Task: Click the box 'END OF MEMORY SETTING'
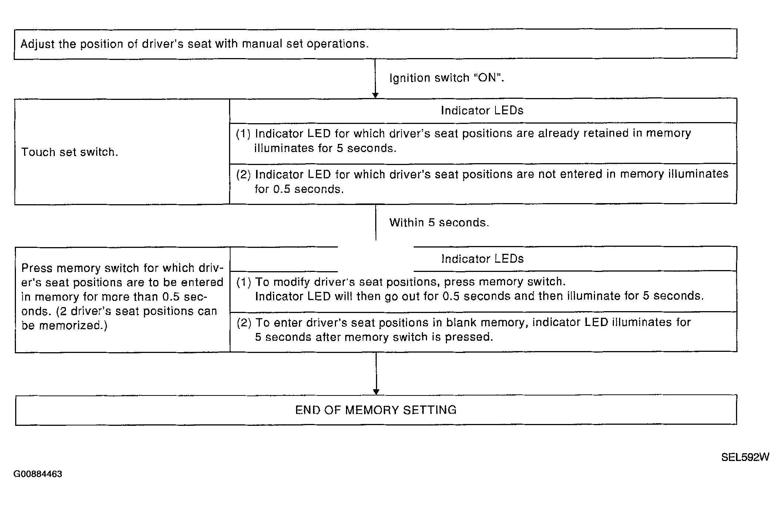[376, 410]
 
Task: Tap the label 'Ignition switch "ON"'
[447, 78]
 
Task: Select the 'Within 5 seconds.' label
[439, 222]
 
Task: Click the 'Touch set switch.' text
[70, 152]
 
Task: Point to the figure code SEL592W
[745, 457]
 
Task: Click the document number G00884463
[38, 474]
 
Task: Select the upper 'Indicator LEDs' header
[482, 111]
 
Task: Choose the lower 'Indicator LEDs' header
[483, 259]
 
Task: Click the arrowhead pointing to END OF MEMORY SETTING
[376, 392]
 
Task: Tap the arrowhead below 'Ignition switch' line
[375, 95]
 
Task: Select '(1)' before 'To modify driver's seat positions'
[243, 282]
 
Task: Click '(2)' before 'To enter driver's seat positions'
[244, 323]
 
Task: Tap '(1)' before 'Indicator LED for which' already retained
[243, 134]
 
